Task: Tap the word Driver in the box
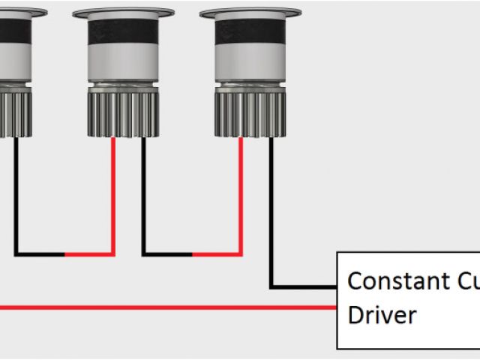tap(382, 314)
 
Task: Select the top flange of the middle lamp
tap(123, 13)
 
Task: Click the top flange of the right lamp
tap(250, 13)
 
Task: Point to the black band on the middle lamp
tap(123, 33)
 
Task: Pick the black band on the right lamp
tap(250, 33)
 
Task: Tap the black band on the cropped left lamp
tap(13, 33)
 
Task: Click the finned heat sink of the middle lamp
tap(123, 112)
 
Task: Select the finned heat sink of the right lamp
tap(250, 112)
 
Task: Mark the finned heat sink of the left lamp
tap(13, 112)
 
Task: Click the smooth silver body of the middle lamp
tap(123, 67)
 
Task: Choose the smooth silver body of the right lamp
tap(250, 67)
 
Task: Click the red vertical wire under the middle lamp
tap(114, 195)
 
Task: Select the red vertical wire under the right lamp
tap(241, 195)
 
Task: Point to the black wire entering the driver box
tap(304, 286)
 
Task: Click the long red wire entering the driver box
tap(165, 307)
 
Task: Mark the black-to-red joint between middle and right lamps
tap(192, 254)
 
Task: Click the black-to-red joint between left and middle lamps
tap(64, 254)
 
